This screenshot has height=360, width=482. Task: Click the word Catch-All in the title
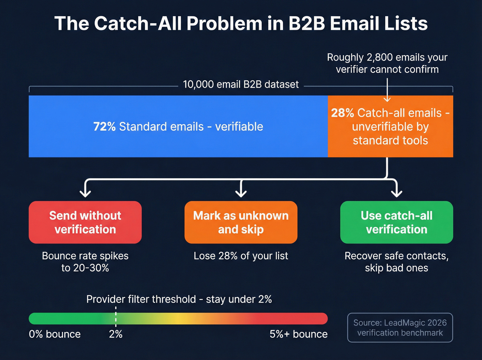138,24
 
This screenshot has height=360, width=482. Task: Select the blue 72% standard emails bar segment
178,126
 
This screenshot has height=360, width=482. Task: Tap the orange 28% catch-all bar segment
390,126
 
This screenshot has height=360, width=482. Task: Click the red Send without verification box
85,222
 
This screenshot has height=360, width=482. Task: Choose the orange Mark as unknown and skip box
241,222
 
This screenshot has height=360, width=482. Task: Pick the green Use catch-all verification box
396,222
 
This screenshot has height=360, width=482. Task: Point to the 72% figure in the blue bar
104,126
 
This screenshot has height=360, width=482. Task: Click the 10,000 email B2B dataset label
241,84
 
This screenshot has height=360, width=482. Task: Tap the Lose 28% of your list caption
241,256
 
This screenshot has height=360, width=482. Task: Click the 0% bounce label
55,334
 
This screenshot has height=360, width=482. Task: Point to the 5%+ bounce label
298,334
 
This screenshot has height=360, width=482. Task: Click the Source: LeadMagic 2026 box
400,328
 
